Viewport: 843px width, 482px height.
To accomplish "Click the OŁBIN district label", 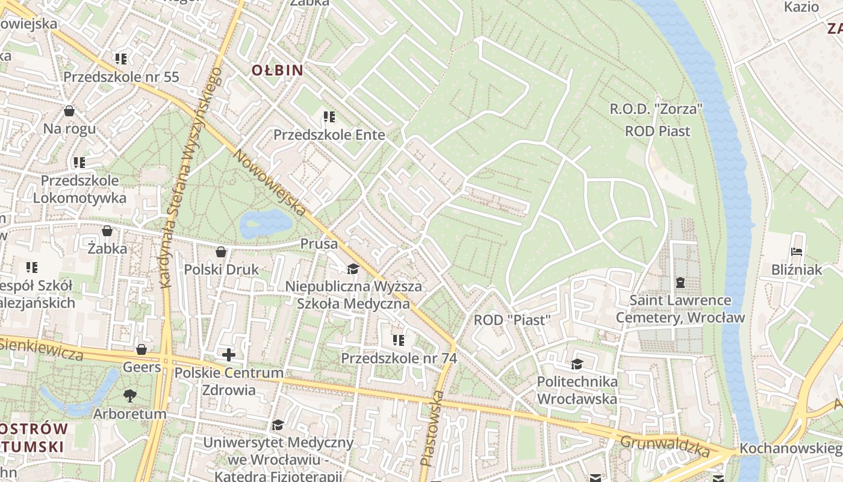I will tap(277, 70).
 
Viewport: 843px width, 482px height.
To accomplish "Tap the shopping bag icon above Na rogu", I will tap(69, 111).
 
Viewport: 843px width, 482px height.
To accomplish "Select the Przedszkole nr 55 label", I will tap(121, 77).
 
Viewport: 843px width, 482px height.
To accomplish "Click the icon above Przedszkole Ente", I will tap(329, 117).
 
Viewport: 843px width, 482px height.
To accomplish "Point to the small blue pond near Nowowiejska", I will tap(266, 224).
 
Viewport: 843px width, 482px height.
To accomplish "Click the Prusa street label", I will tap(315, 244).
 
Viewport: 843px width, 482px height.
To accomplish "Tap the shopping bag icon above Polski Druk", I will tap(221, 252).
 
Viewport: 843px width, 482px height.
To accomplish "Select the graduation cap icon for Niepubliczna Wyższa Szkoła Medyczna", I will tap(353, 269).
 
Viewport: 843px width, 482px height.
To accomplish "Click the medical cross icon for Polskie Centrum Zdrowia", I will tap(229, 355).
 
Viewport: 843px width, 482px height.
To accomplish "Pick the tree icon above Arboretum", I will tap(129, 396).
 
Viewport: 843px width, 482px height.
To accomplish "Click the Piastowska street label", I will tap(432, 428).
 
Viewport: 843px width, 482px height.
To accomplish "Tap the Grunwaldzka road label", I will tap(665, 445).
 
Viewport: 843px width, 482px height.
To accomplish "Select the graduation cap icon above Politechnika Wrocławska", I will tap(577, 364).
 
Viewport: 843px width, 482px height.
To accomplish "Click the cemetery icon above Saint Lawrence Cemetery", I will tap(680, 282).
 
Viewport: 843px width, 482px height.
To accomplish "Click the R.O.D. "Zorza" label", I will tap(656, 110).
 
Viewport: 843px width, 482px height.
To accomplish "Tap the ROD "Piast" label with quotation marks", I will tap(512, 320).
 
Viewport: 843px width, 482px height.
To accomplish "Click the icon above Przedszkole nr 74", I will tap(399, 340).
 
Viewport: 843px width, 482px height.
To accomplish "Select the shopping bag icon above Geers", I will tap(142, 349).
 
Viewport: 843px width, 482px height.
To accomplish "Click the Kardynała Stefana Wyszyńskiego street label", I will tap(187, 177).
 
